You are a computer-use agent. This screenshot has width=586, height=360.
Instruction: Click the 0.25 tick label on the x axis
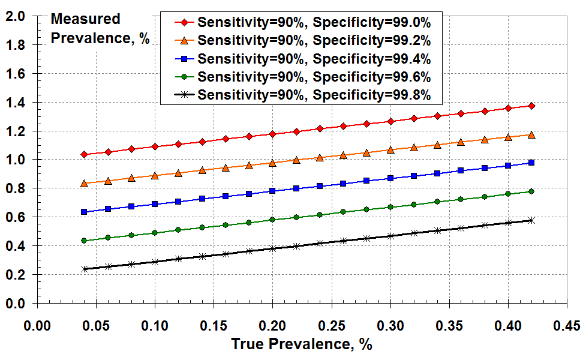pos(331,326)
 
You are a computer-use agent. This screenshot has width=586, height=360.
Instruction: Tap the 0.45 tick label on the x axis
pos(566,326)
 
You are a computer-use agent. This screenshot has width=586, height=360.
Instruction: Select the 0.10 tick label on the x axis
pos(155,326)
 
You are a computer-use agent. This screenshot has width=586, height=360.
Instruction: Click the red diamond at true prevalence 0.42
pos(531,106)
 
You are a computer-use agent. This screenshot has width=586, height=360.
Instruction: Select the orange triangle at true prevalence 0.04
pos(85,183)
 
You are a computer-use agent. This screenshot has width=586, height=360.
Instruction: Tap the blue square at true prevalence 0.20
pos(272,191)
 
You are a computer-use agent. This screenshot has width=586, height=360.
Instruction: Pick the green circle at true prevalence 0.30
pos(390,207)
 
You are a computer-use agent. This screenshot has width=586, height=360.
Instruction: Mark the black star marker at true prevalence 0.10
pos(155,262)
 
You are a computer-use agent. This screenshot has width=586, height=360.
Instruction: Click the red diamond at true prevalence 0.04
pos(85,155)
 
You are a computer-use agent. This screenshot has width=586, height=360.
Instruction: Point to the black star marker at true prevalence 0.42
pos(531,220)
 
